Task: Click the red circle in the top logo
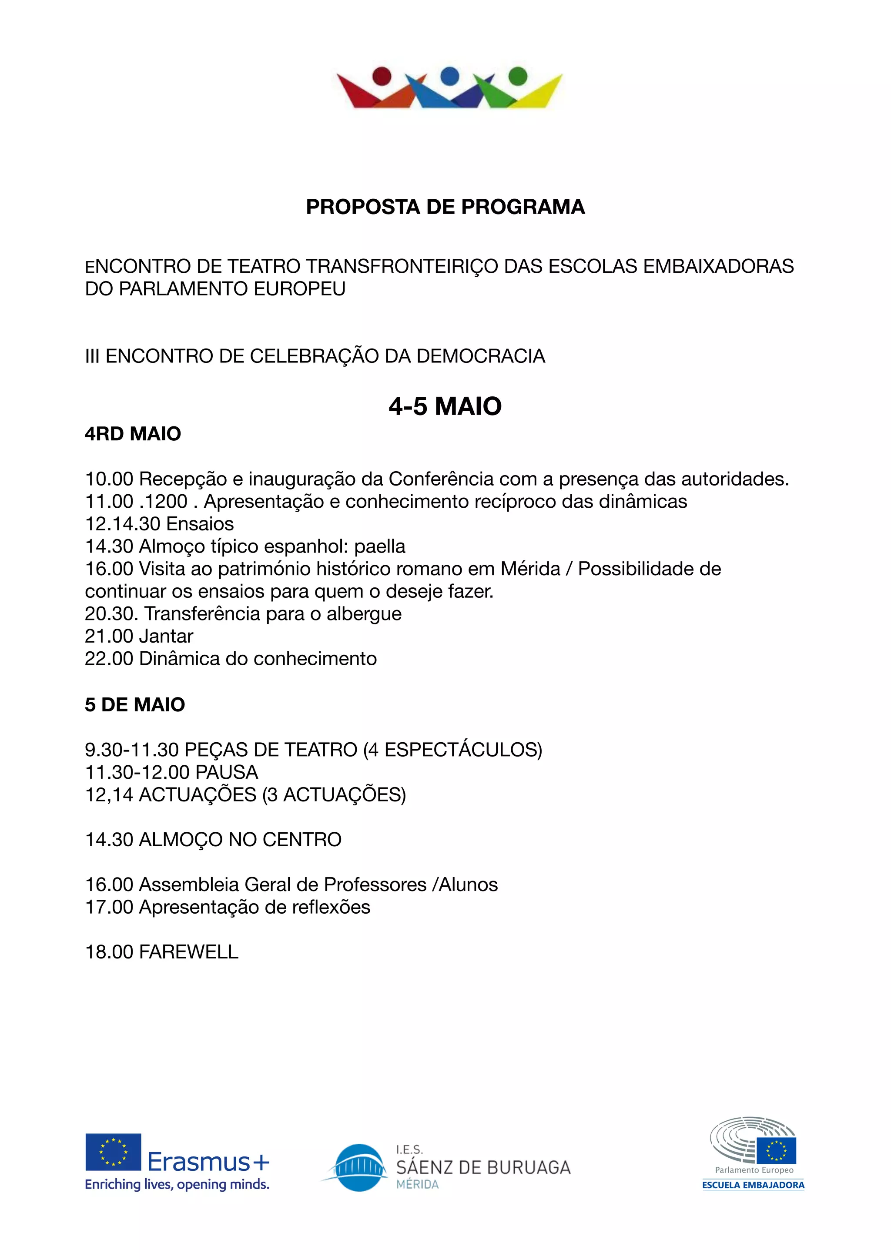point(382,76)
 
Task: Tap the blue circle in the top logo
point(450,76)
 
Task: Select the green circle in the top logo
point(518,76)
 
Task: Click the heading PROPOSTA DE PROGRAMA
point(445,207)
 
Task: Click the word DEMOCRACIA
point(481,356)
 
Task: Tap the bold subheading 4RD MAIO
point(133,434)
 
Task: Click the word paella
point(380,546)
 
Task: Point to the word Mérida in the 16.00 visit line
point(530,569)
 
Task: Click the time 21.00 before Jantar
point(109,636)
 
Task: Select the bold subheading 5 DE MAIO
point(135,705)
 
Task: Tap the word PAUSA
point(227,772)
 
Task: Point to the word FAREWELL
point(189,952)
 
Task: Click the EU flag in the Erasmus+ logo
point(113,1152)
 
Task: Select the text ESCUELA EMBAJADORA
point(753,1185)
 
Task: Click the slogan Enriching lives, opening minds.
point(177,1185)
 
